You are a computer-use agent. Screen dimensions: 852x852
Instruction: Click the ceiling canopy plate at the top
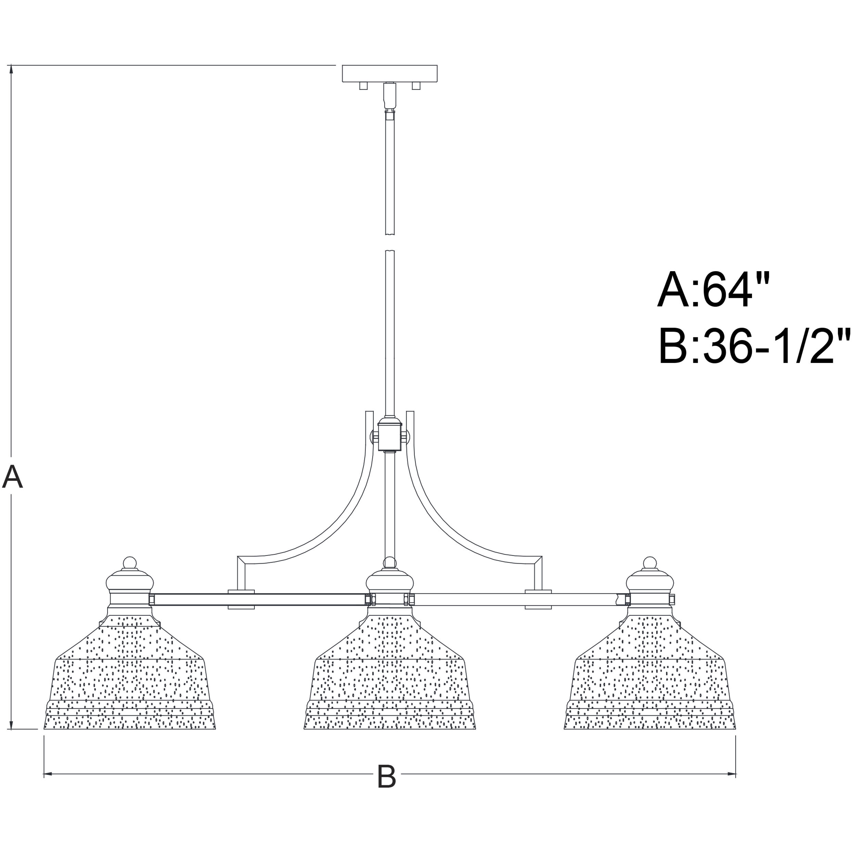[x=390, y=73]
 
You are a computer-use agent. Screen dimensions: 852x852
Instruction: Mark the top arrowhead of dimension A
[x=11, y=69]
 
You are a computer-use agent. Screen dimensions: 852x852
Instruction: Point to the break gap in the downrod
[x=390, y=242]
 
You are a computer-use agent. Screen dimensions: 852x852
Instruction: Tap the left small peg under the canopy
[x=363, y=86]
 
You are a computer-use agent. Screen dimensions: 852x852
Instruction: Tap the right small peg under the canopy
[x=416, y=86]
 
